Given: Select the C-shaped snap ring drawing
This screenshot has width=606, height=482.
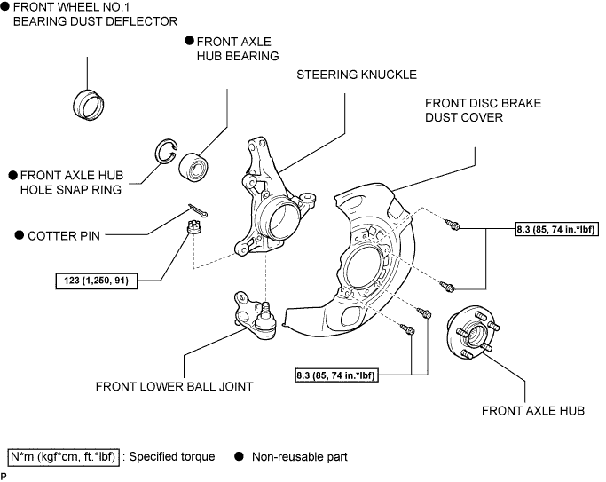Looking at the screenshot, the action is [x=159, y=151].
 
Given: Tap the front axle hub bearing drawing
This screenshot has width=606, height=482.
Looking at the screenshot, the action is [x=193, y=167].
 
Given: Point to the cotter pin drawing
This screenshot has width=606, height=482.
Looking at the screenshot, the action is [x=198, y=210].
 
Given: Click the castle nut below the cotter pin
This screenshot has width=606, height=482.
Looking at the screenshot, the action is [x=193, y=226].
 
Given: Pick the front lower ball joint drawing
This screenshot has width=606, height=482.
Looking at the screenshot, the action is [x=255, y=315].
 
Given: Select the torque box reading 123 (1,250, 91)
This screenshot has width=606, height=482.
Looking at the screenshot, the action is [x=97, y=281].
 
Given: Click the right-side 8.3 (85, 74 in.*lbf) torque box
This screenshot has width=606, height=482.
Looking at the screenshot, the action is [x=557, y=229].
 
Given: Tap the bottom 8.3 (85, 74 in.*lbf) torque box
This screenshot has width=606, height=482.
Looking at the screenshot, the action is [x=336, y=375].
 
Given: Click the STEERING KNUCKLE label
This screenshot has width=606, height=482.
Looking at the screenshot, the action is [x=357, y=75].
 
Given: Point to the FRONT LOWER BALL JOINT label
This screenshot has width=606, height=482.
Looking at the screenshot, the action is [x=174, y=386].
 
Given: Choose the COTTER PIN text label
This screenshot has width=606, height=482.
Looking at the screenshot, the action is [x=64, y=236].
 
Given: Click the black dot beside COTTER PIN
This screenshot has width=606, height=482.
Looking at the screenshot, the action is [x=20, y=235].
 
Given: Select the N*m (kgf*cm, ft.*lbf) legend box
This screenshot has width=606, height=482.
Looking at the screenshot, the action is [x=63, y=457].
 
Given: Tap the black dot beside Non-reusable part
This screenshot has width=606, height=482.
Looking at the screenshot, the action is [x=240, y=456].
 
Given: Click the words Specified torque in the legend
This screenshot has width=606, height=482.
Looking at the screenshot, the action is [x=172, y=457].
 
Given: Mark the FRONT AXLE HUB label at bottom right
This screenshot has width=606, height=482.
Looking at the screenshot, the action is [x=533, y=410].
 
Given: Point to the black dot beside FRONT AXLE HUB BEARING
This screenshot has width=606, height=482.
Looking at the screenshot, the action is [x=189, y=41].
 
